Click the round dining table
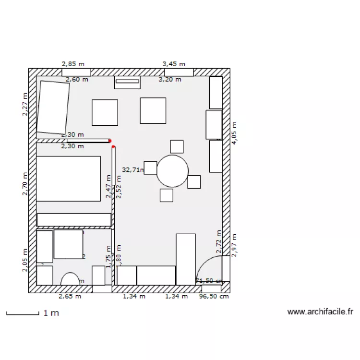point(172,171)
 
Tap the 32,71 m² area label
point(133,169)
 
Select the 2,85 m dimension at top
point(72,63)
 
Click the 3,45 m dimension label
point(174,63)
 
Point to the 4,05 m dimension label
point(234,132)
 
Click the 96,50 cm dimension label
point(214,297)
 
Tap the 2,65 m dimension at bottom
point(70,297)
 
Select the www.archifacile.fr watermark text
point(320,312)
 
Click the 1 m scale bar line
point(23,314)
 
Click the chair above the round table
point(177,146)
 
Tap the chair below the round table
point(167,195)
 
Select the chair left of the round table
point(150,168)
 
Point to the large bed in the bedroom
point(68,178)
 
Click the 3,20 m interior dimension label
point(170,80)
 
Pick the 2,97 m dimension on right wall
point(234,245)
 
